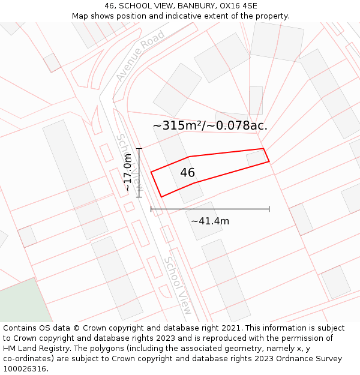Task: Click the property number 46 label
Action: [x=187, y=173]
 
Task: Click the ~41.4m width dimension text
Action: [x=210, y=221]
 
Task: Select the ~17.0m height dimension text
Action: [x=127, y=172]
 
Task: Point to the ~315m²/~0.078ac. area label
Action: [x=210, y=125]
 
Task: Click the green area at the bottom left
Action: [x=24, y=303]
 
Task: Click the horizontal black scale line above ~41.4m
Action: [x=210, y=209]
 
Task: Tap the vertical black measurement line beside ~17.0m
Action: [x=139, y=172]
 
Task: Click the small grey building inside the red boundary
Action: [x=256, y=158]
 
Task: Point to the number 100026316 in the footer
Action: [x=25, y=369]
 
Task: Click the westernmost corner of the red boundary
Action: [x=151, y=172]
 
